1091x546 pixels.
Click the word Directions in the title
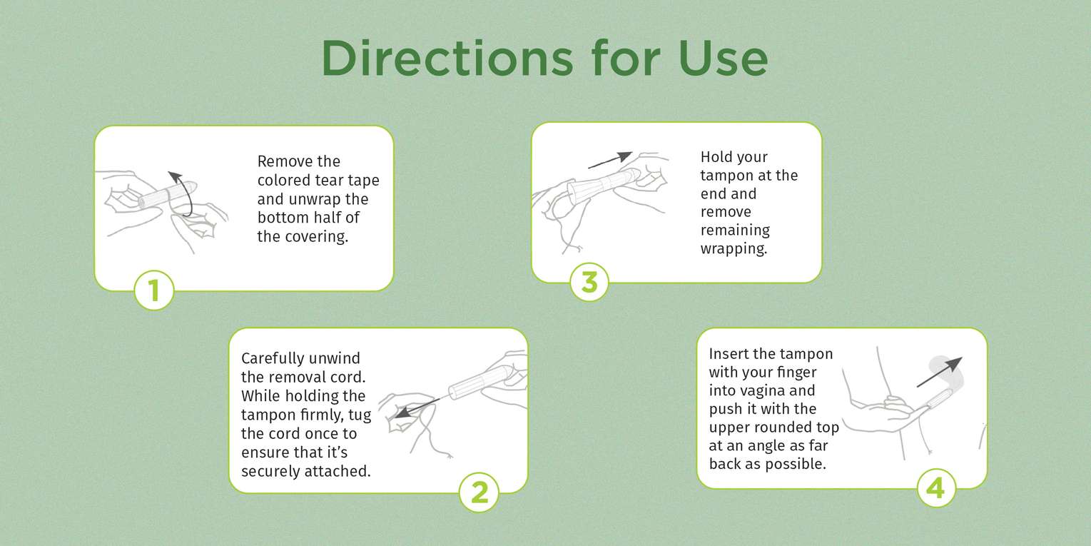click(447, 58)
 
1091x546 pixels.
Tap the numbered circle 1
click(154, 290)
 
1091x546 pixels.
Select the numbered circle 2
click(479, 492)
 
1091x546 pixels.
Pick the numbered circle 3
click(589, 282)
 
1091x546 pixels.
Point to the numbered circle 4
click(936, 487)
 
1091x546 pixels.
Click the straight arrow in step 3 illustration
click(610, 160)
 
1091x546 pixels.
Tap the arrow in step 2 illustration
click(417, 408)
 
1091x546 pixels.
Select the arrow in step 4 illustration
click(940, 372)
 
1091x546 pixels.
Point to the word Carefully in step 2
click(274, 359)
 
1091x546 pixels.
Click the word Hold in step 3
click(716, 157)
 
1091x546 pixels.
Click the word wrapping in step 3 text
click(734, 249)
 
